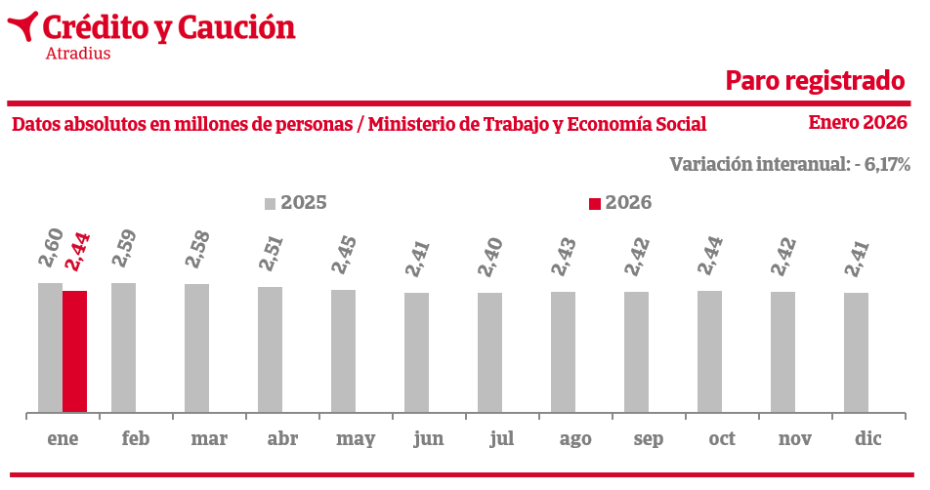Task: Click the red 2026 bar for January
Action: (x=74, y=351)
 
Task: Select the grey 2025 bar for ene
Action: (x=50, y=347)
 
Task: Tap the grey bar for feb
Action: (x=123, y=347)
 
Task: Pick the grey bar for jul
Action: (x=489, y=352)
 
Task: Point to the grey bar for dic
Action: (x=856, y=352)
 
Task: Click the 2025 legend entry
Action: (x=295, y=203)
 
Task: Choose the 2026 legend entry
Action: (x=619, y=203)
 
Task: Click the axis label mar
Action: (x=209, y=438)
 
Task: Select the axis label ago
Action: (x=575, y=438)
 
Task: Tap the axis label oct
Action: (x=722, y=438)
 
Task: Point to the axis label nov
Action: (x=795, y=438)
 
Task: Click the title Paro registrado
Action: (x=816, y=81)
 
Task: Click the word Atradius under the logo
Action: (x=78, y=54)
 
